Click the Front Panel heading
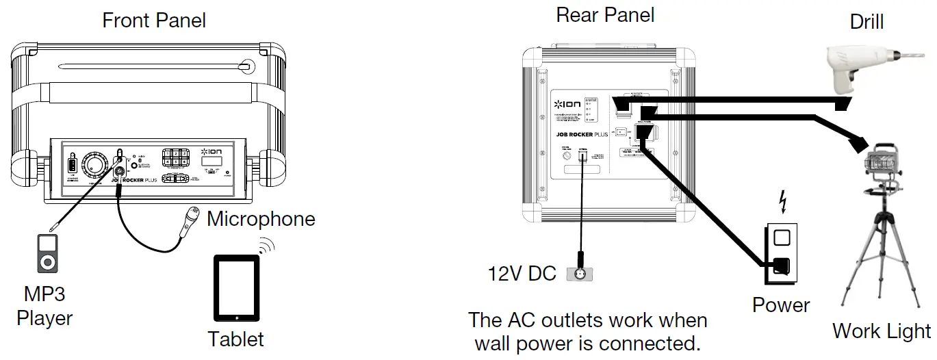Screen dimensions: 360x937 click(x=154, y=20)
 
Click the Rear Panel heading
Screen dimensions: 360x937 click(x=605, y=14)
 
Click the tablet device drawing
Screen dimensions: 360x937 click(x=237, y=288)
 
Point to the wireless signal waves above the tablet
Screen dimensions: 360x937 click(x=266, y=246)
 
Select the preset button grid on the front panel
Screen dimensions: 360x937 click(x=175, y=158)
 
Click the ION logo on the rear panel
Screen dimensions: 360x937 click(x=567, y=104)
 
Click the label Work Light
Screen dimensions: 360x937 click(x=881, y=331)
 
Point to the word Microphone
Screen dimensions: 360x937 click(x=261, y=219)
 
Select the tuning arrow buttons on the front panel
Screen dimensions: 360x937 click(x=177, y=179)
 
